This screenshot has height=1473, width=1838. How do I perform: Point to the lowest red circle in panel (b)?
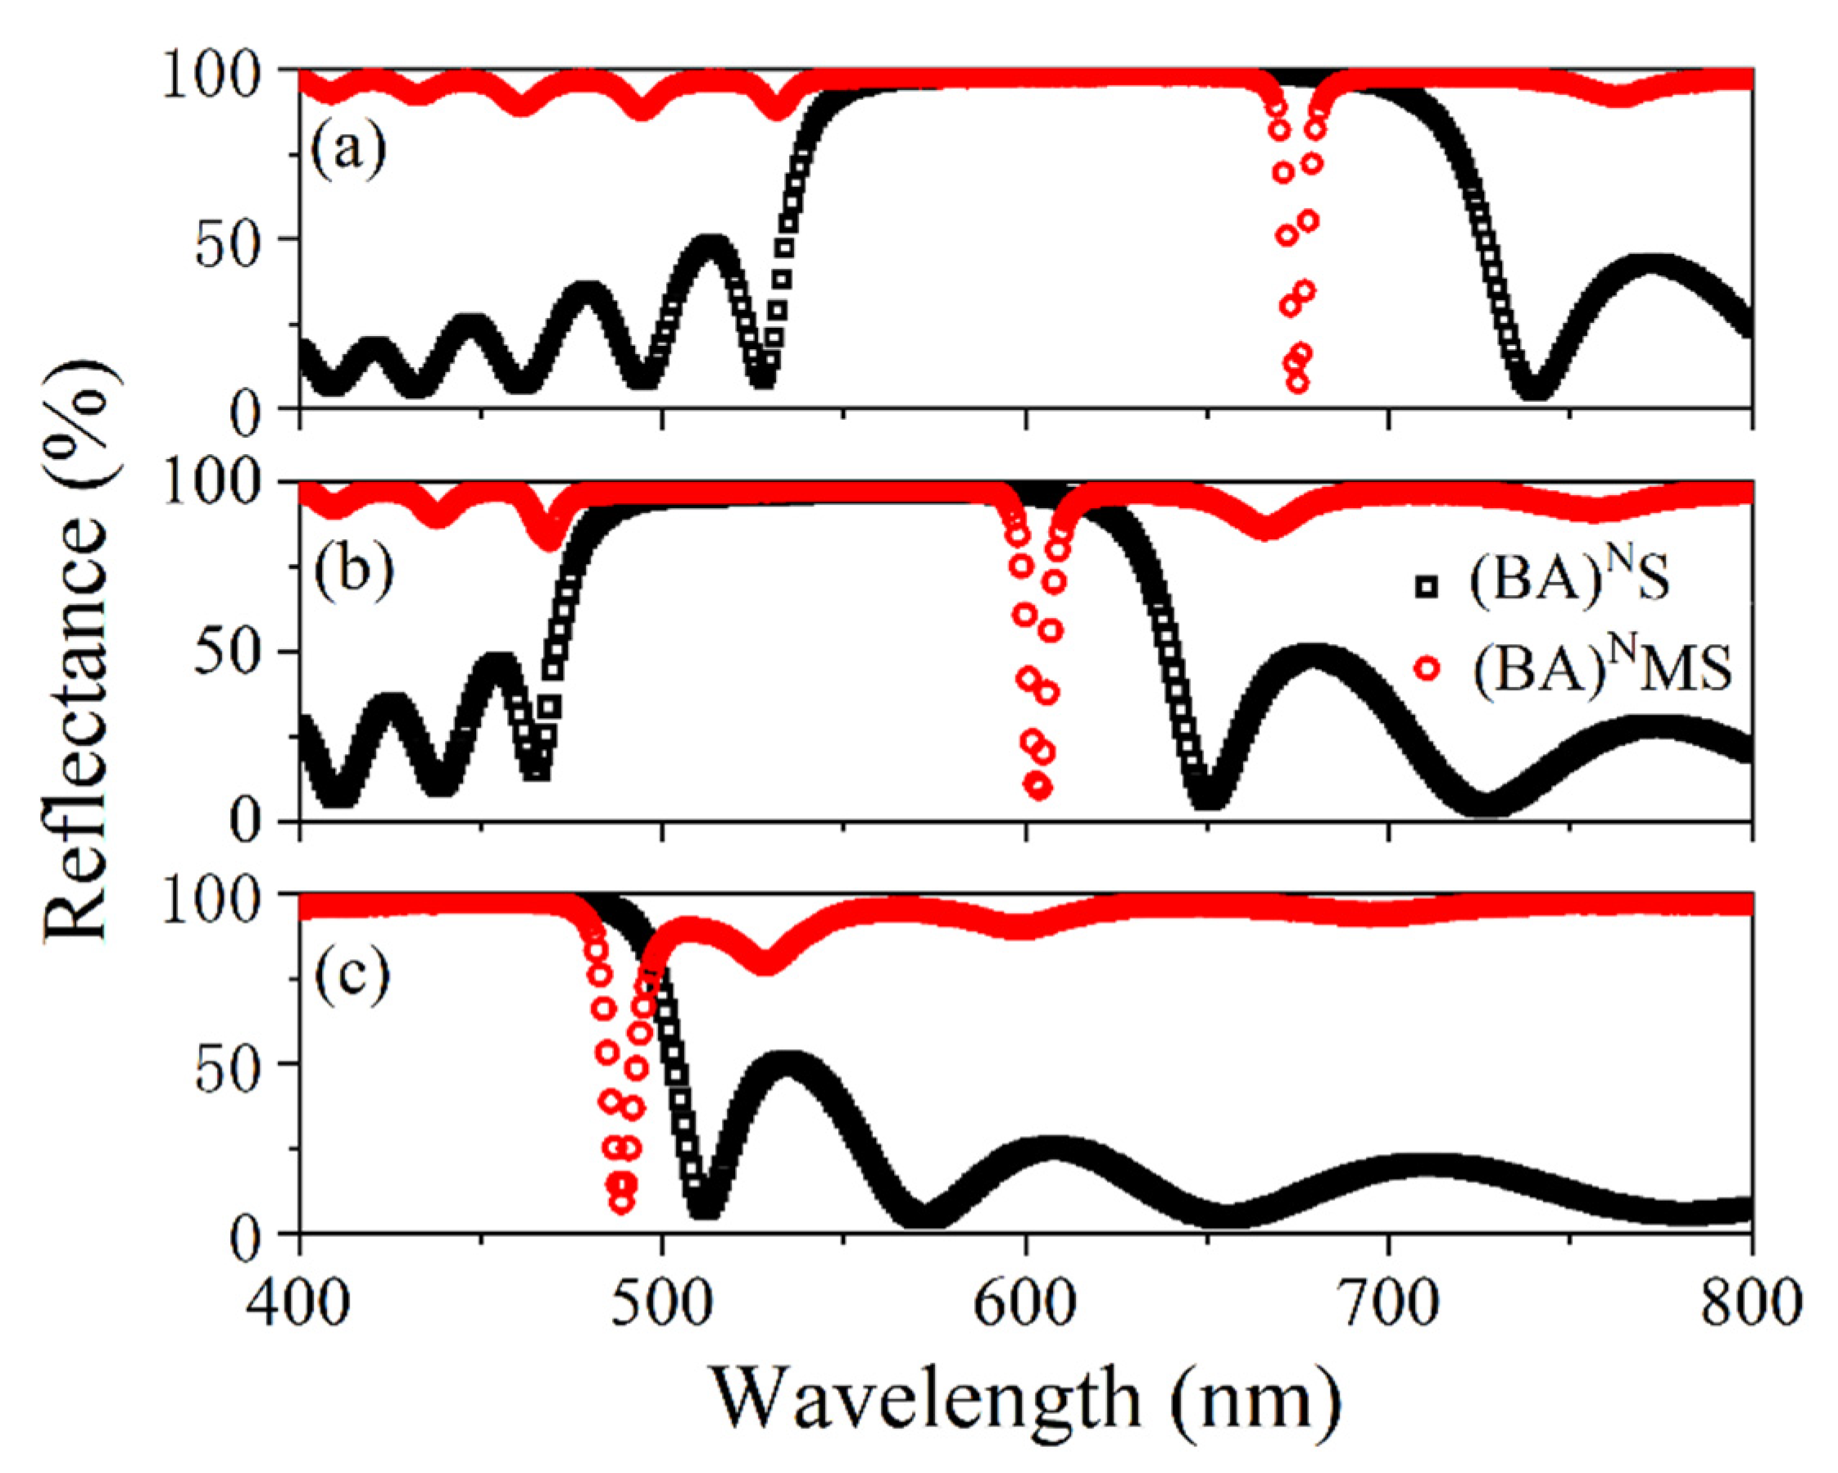(x=1038, y=787)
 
